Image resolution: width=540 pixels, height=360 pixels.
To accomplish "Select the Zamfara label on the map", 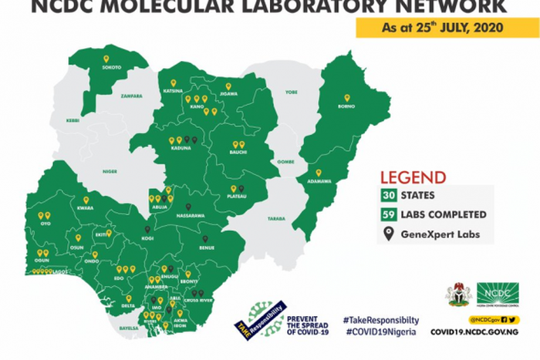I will coord(132,96).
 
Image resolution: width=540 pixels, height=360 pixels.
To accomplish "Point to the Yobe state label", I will coord(292,92).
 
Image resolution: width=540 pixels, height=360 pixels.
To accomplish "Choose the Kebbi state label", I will coord(73,120).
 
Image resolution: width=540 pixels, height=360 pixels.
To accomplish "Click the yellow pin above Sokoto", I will coord(106,59).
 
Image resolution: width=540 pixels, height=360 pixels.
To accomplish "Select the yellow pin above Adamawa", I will coord(319,172).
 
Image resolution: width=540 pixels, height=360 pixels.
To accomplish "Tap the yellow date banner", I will coord(436,28).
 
